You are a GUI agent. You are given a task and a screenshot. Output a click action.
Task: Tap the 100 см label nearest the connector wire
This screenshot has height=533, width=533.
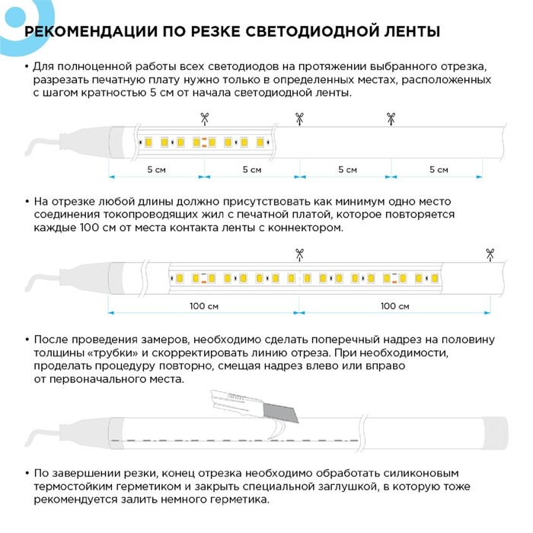click(x=203, y=305)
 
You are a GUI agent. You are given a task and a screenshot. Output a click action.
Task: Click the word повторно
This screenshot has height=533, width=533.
click(x=188, y=365)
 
